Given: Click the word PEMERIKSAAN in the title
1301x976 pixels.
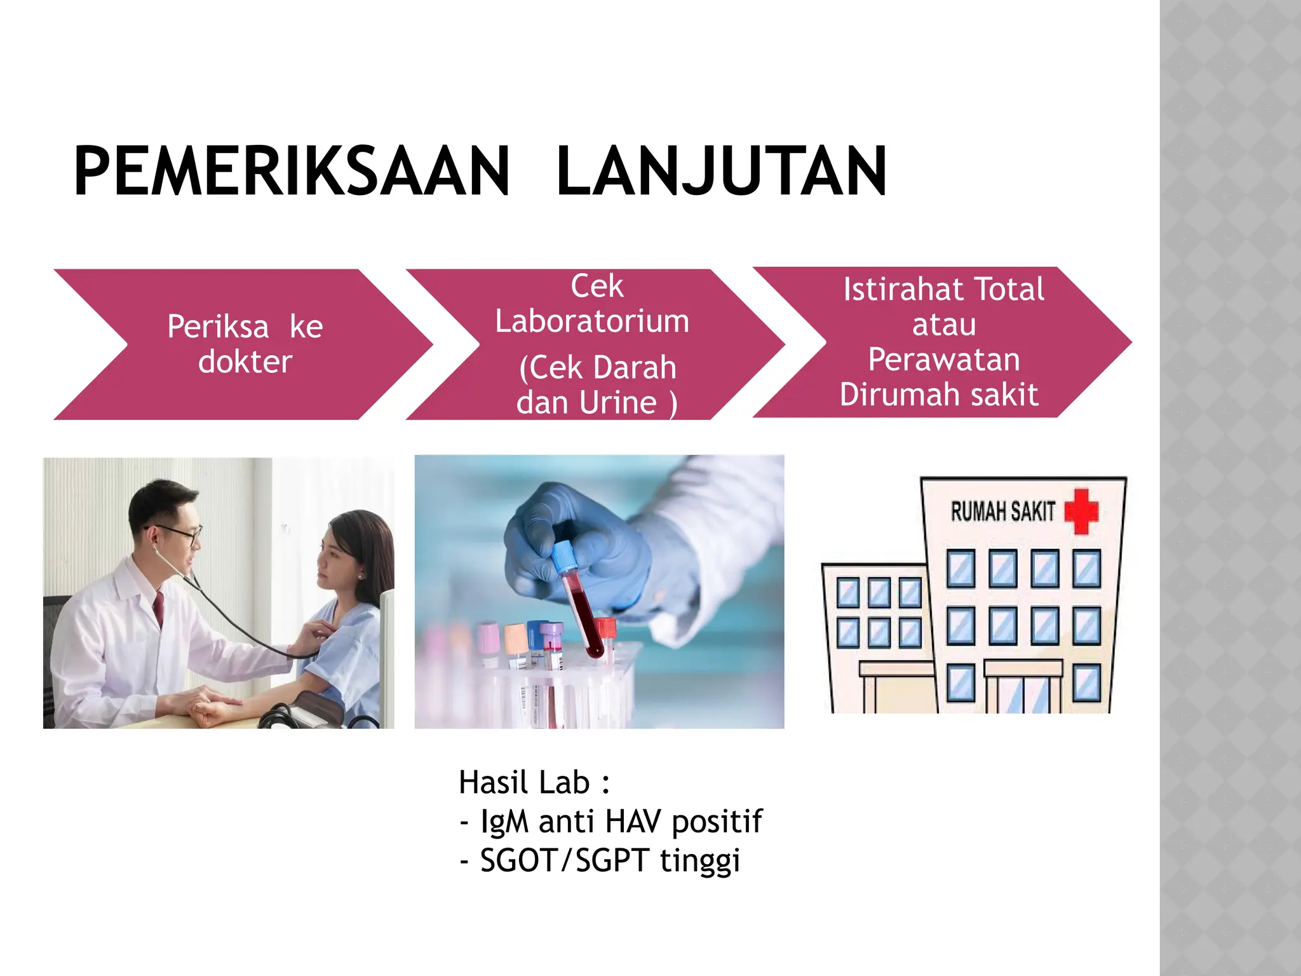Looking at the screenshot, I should [x=292, y=172].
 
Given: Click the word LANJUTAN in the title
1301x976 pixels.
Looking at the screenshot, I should [x=721, y=172].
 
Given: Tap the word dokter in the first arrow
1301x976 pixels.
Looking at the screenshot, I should [x=245, y=362].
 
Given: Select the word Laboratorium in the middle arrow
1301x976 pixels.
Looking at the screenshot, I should [x=592, y=322].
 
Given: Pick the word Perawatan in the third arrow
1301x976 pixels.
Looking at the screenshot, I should [x=944, y=360].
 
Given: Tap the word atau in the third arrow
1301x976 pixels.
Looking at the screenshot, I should [x=944, y=325].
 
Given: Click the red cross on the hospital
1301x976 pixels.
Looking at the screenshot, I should [x=1081, y=510].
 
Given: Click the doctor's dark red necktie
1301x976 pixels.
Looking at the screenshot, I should [x=159, y=607].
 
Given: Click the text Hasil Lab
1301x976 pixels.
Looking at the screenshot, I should [x=525, y=782].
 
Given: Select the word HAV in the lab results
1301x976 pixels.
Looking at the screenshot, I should [x=633, y=821].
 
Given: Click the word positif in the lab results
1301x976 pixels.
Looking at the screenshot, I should [x=717, y=822].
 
